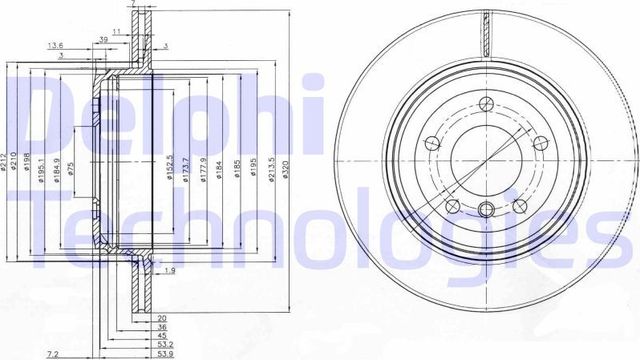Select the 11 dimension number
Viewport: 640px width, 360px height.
click(117, 32)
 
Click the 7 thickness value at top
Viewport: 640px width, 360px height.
click(134, 5)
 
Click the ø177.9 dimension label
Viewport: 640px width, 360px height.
click(202, 168)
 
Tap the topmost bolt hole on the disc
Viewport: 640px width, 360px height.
click(486, 103)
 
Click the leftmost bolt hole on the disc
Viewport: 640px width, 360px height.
click(432, 141)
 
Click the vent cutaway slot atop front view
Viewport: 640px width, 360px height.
click(486, 30)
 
